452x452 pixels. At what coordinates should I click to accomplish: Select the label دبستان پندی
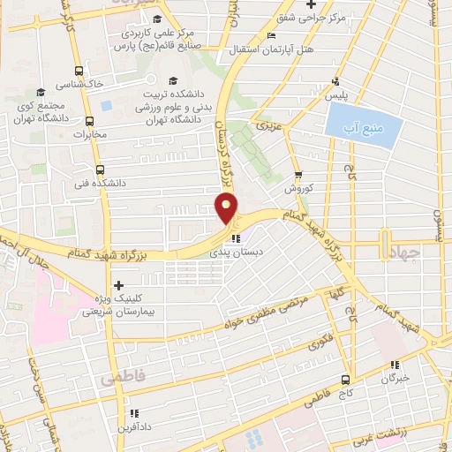point(236,252)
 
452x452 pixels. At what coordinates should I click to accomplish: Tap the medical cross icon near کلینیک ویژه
point(117,284)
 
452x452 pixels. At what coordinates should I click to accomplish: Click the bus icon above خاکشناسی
point(80,71)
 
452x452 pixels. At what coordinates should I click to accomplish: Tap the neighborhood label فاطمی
point(121,377)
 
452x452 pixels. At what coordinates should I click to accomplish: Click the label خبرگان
point(396,377)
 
